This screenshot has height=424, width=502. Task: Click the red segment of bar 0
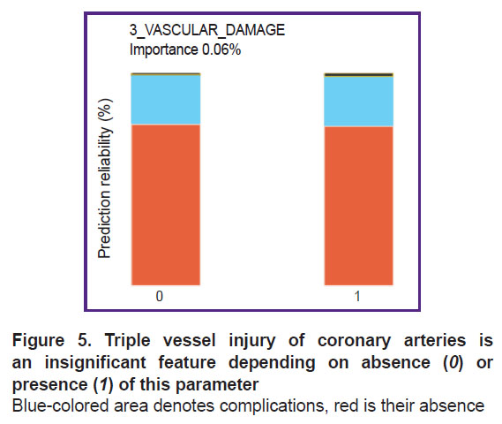point(166,204)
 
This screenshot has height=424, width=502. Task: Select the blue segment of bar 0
point(166,100)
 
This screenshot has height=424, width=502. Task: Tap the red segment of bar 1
point(358,206)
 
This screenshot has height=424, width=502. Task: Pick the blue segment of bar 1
point(358,102)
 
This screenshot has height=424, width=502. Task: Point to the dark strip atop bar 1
point(358,75)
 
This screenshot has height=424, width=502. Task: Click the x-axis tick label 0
point(160,296)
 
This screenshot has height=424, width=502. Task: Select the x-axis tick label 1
point(357,296)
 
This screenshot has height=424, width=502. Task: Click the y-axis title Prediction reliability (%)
point(105,178)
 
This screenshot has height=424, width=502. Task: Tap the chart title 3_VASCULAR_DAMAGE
point(207,30)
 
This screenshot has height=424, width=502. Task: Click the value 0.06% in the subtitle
point(221,49)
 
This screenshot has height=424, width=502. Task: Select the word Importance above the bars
point(163,50)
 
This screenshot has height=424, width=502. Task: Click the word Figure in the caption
point(39,341)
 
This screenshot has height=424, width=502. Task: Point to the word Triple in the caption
point(127,341)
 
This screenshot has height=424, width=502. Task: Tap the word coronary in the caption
point(354,341)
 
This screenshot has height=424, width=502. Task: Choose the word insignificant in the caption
point(95,363)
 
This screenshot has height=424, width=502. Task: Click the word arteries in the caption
point(435,340)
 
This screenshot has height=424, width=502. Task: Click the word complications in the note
point(270,406)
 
